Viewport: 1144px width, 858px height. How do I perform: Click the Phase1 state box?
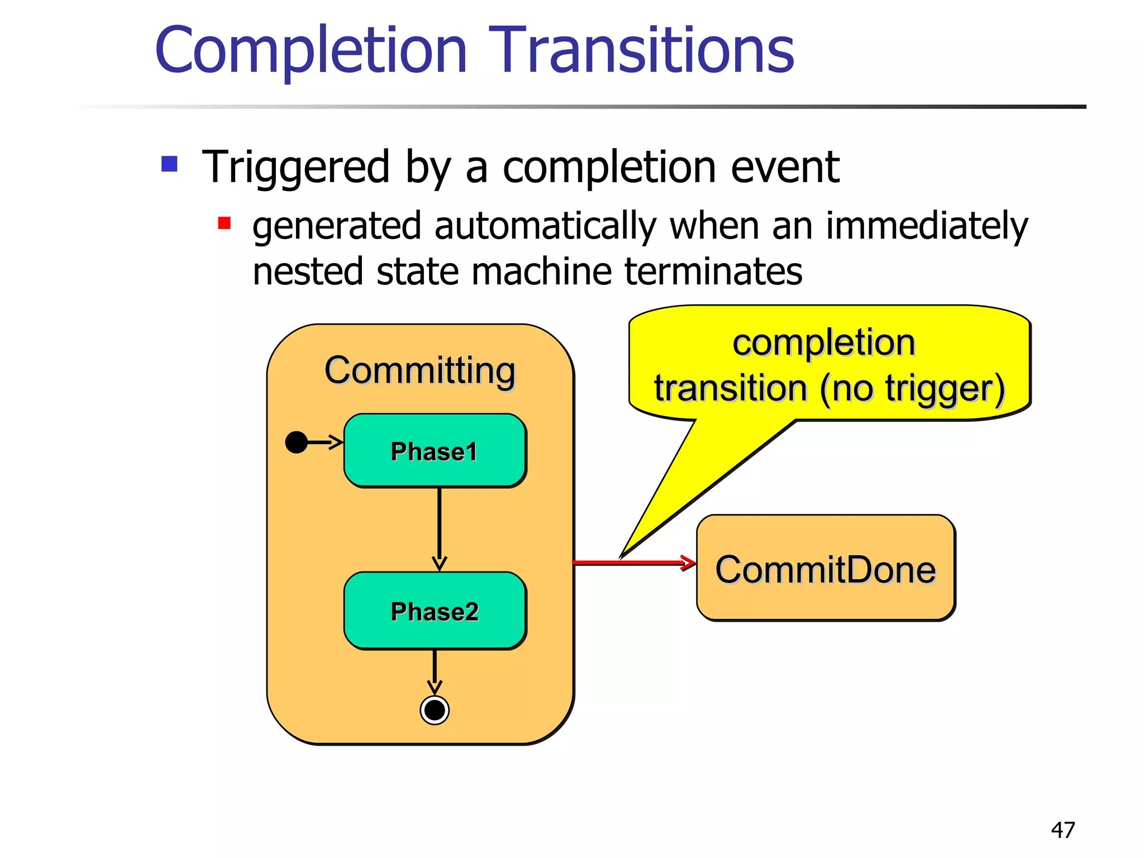pyautogui.click(x=435, y=450)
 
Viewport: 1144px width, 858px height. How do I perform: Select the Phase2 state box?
pyautogui.click(x=435, y=611)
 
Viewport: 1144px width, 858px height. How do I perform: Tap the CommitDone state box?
pyautogui.click(x=826, y=569)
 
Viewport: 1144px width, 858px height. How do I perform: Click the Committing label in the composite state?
pyautogui.click(x=420, y=370)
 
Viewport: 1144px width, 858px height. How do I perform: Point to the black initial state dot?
pyautogui.click(x=296, y=442)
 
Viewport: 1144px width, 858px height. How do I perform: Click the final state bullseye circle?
pyautogui.click(x=435, y=711)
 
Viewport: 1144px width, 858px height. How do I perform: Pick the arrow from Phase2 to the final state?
pyautogui.click(x=435, y=670)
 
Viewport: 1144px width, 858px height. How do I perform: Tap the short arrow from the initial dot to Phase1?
pyautogui.click(x=324, y=442)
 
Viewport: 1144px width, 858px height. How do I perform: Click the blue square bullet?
pyautogui.click(x=169, y=164)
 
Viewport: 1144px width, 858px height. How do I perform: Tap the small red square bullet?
pyautogui.click(x=225, y=223)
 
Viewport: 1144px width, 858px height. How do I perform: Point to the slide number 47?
pyautogui.click(x=1062, y=830)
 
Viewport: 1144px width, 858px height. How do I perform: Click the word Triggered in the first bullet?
pyautogui.click(x=295, y=167)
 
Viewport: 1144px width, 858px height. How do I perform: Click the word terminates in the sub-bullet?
pyautogui.click(x=713, y=272)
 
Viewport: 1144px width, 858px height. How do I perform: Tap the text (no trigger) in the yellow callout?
pyautogui.click(x=912, y=388)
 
